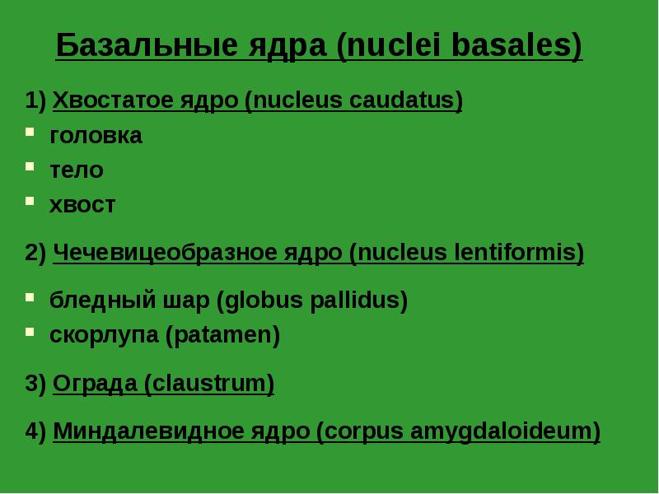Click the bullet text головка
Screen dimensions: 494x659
(x=96, y=136)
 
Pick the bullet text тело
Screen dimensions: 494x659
(x=77, y=170)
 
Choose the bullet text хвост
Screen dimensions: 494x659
(x=82, y=205)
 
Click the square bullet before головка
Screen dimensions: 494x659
(x=30, y=131)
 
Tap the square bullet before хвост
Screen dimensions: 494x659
(x=30, y=200)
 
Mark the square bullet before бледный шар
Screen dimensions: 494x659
(x=30, y=296)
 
